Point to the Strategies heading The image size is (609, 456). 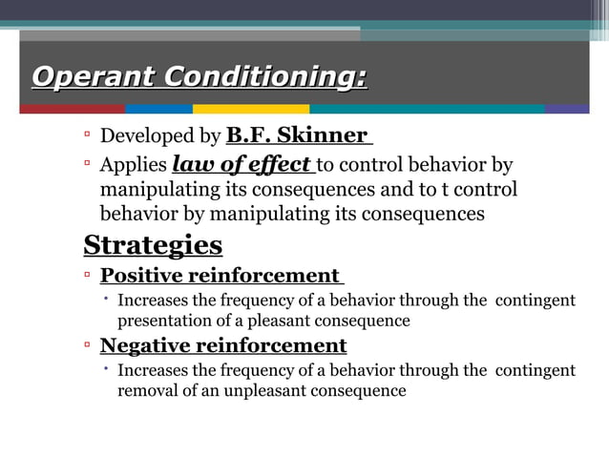tap(153, 245)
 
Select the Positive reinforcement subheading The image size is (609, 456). tap(220, 276)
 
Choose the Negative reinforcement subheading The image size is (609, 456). tap(223, 345)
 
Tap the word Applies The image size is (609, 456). tap(134, 166)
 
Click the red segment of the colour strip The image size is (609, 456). tap(72, 109)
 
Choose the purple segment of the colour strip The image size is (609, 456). tap(567, 109)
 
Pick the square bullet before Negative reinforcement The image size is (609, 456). tap(87, 344)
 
